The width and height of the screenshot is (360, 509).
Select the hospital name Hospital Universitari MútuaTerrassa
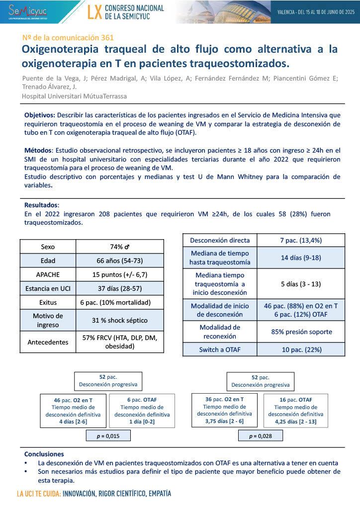[x=75, y=95]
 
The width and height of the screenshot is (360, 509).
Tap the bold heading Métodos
[x=38, y=150]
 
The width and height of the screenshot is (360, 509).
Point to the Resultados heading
[x=42, y=205]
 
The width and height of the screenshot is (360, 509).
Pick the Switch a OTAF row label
[x=219, y=349]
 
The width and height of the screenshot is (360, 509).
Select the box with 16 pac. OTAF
[x=295, y=411]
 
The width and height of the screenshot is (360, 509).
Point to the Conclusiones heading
[x=44, y=454]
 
